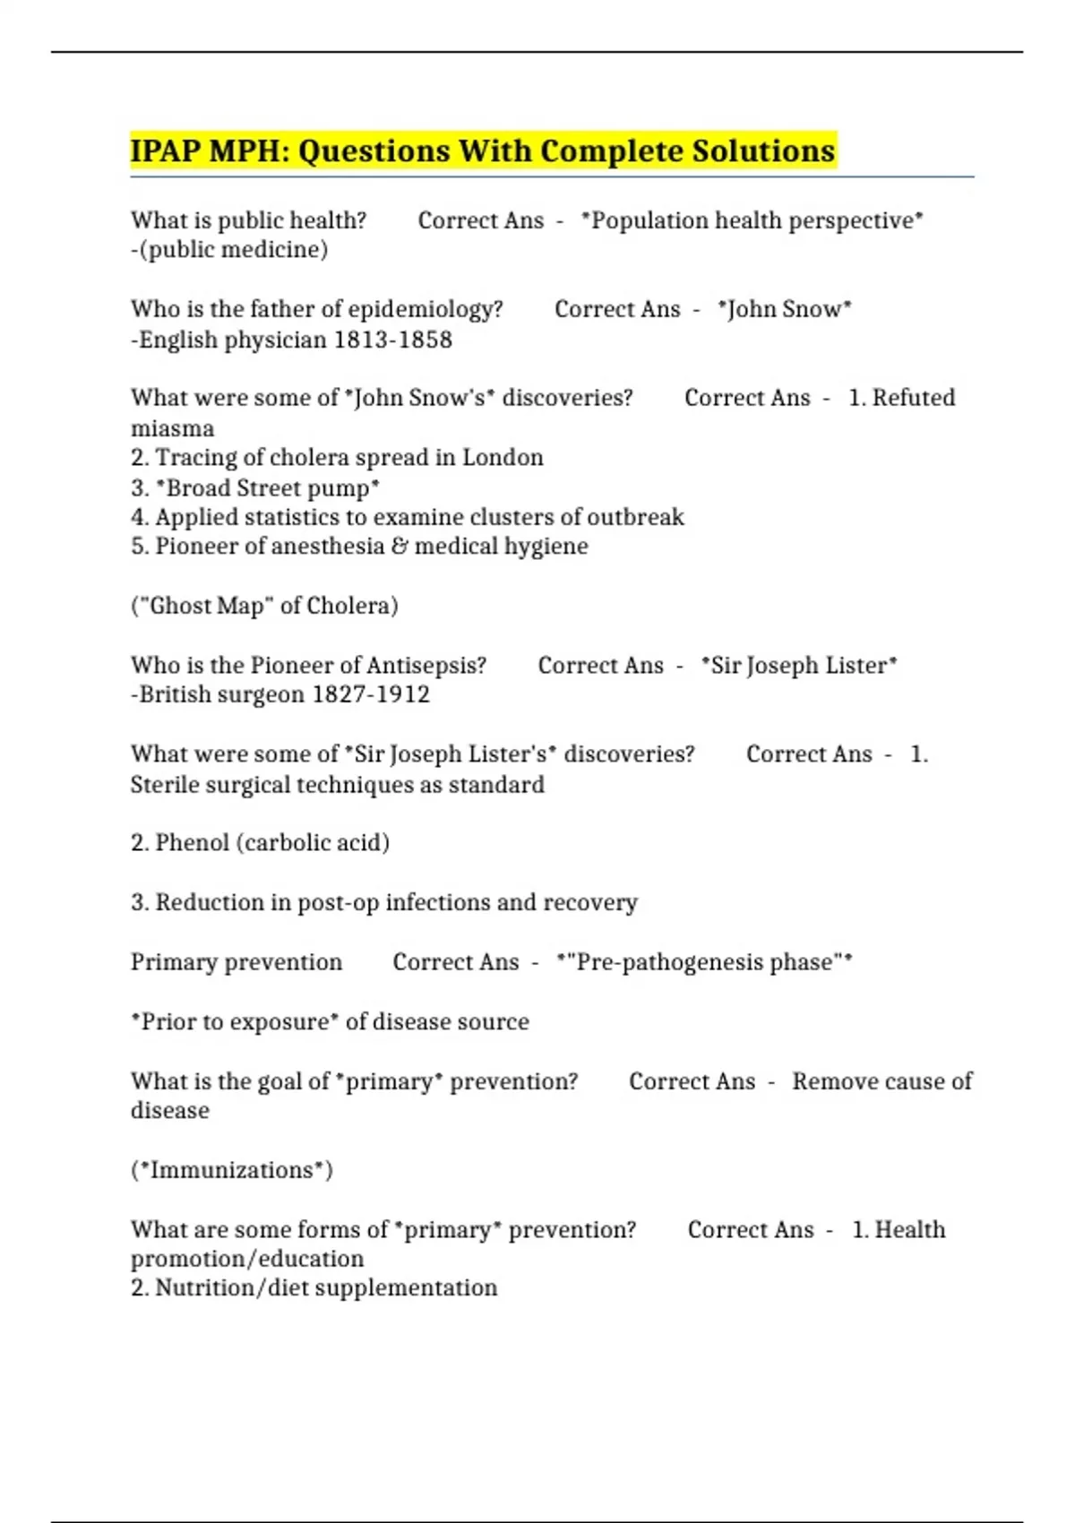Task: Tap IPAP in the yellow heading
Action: (166, 151)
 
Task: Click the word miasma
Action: (172, 428)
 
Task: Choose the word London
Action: (502, 457)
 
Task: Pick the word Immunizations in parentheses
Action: (232, 1170)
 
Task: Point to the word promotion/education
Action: (247, 1259)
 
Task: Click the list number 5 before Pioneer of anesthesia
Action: (139, 546)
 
